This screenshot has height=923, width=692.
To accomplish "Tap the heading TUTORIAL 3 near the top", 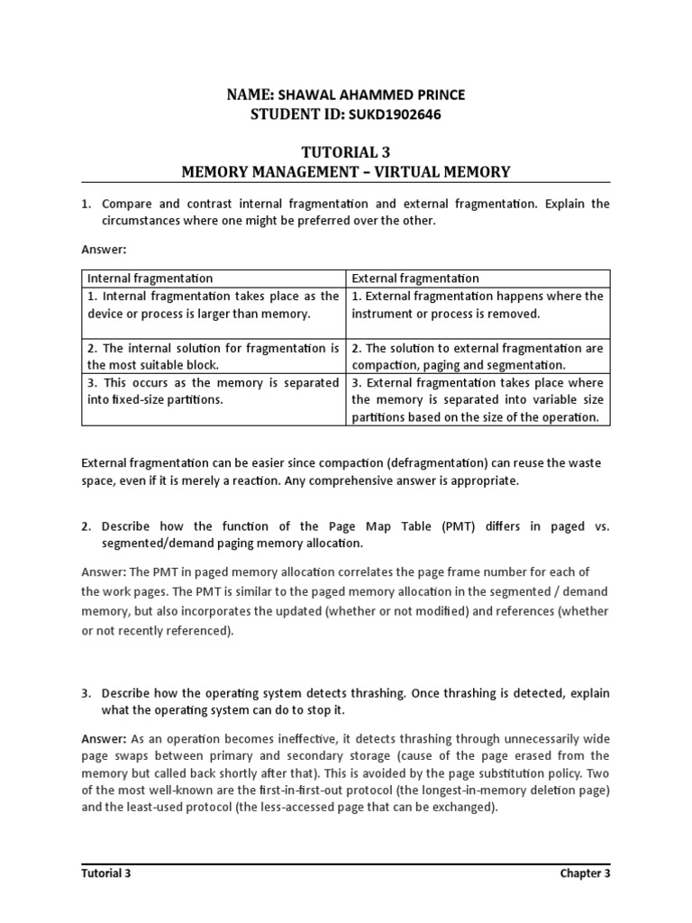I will click(346, 153).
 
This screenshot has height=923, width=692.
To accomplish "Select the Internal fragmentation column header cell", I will click(150, 279).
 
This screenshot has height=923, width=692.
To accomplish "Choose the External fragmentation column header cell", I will click(415, 279).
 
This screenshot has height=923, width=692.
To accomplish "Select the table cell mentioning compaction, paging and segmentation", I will click(478, 356).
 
